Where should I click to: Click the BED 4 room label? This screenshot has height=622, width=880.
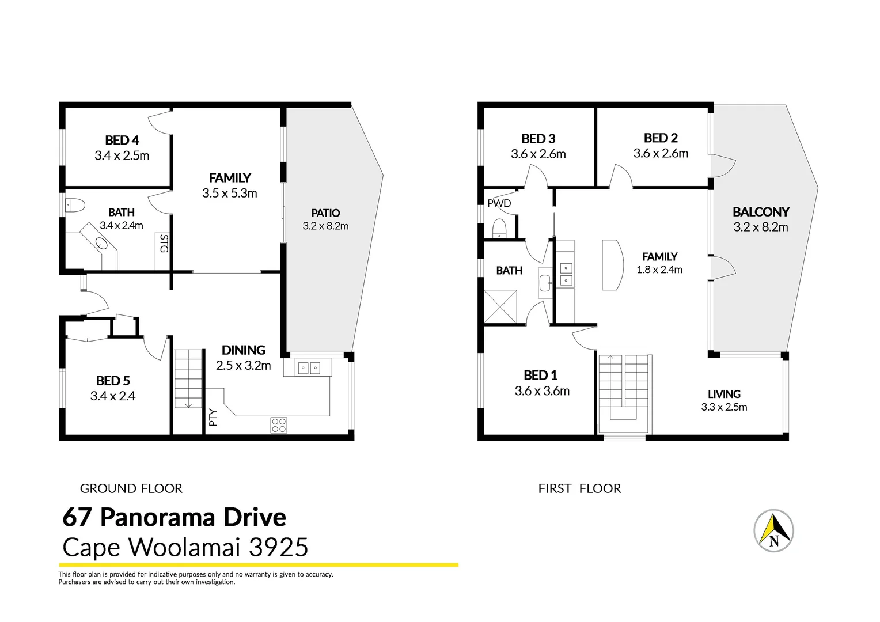(122, 141)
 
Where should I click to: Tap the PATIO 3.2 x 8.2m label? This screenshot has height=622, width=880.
(325, 219)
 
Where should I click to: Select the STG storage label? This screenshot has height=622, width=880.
(164, 243)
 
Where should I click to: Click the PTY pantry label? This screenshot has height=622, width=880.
(213, 417)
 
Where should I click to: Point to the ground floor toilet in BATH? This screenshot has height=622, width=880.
(75, 204)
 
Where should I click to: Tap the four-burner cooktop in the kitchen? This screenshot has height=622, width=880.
(279, 425)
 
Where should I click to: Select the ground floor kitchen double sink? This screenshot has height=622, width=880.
(309, 367)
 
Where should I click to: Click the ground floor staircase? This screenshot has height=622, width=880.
(189, 378)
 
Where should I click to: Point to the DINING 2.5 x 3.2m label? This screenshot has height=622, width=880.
(243, 358)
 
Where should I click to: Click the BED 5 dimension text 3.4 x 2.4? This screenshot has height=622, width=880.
(113, 396)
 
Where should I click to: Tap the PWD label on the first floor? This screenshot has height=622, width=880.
(499, 203)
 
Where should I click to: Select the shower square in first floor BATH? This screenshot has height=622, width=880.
(500, 307)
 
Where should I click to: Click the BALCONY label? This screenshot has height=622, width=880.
(760, 212)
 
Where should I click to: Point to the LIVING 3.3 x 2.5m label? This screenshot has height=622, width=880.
(724, 400)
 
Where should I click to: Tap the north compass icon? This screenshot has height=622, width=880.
(773, 530)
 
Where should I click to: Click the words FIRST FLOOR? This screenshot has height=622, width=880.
(579, 488)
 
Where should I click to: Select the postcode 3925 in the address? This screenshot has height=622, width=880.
(278, 547)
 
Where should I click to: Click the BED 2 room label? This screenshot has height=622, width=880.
(661, 138)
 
